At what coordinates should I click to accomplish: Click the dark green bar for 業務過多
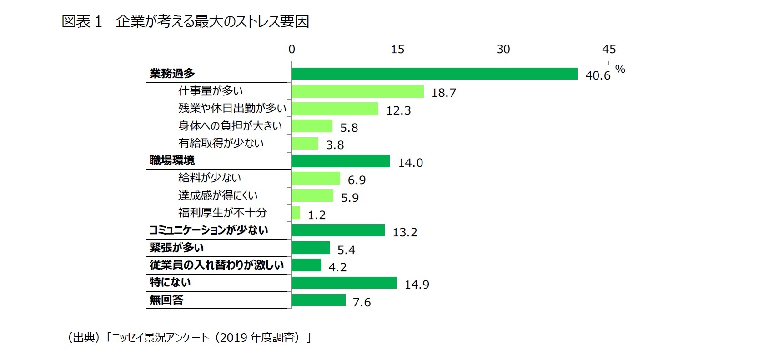434,74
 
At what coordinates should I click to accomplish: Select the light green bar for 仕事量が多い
357,91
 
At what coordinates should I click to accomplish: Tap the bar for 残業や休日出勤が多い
335,109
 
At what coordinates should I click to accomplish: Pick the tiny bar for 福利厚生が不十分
296,213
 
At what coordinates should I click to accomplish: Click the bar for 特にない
344,283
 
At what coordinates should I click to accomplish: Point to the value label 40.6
598,76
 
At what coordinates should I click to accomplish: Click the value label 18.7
443,93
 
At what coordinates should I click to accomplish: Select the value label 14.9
417,285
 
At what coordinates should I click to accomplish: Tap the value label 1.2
317,215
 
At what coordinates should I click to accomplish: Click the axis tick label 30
503,50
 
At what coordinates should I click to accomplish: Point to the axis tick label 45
608,50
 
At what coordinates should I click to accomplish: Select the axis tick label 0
292,50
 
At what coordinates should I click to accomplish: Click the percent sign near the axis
620,70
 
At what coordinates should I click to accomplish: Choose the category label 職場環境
172,160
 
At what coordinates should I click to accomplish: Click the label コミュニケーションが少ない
209,230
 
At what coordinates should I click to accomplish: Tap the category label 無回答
166,300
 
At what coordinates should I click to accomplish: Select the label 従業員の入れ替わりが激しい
216,265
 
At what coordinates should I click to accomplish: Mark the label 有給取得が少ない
221,143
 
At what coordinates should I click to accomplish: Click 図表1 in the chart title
82,21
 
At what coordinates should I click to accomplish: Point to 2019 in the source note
233,338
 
